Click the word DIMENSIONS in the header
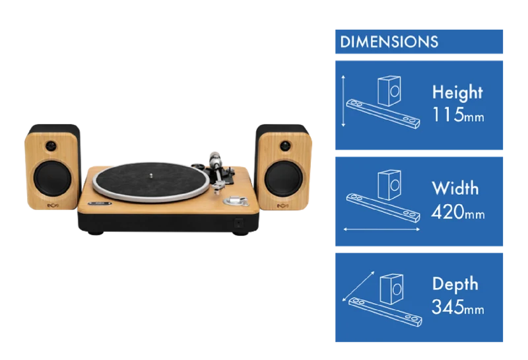coord(389,42)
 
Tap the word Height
coord(457,92)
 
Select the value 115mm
coord(458,115)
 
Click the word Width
coord(455,188)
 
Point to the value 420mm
coord(458,212)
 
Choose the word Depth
coord(455,285)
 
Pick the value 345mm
coord(458,307)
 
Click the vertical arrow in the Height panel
coord(343,101)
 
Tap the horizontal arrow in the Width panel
coord(381,230)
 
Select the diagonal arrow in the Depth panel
coord(358,286)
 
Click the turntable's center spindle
coord(151,175)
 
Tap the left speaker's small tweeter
coord(51,145)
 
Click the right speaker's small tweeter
coord(285,145)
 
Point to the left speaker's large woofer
coord(52,178)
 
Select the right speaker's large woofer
coord(284,178)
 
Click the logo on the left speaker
coord(52,205)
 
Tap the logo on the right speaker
coord(282,206)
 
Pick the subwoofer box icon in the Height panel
coord(389,90)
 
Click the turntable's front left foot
coord(96,233)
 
